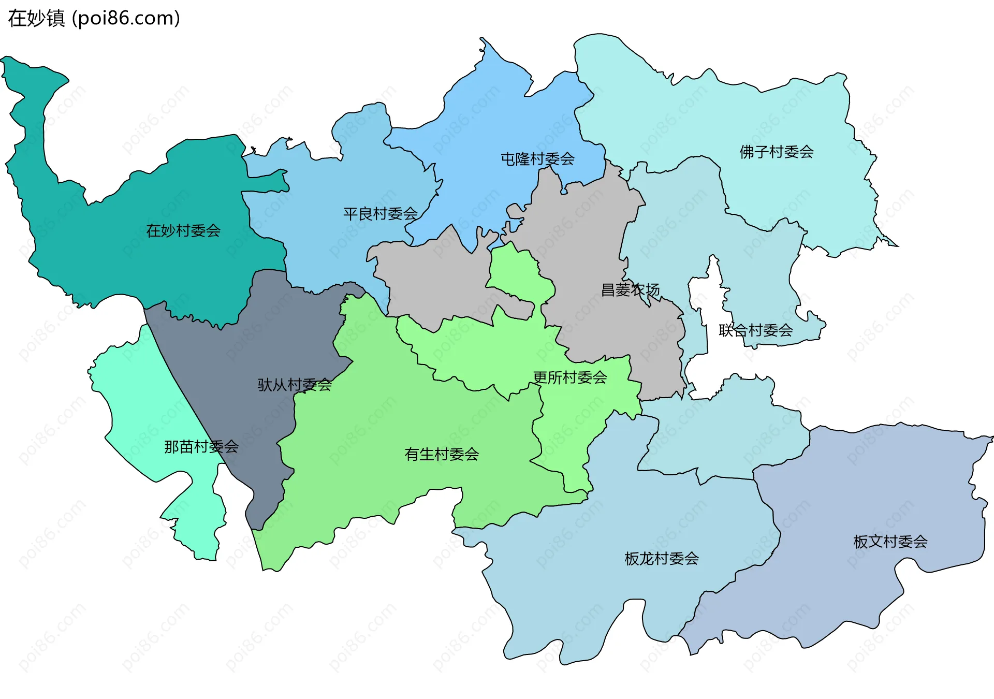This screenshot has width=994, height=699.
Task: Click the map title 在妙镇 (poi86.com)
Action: point(94,18)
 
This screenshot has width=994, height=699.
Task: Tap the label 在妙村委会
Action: point(183,230)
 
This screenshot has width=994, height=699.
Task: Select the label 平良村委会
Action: point(381,213)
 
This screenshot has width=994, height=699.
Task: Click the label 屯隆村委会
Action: point(537,158)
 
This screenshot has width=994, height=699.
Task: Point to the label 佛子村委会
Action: point(776,152)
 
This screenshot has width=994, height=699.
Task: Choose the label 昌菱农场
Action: point(630,289)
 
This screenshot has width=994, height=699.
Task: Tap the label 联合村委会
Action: point(755,330)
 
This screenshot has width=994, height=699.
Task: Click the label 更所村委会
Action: point(569,377)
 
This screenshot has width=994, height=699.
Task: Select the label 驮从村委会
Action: point(295,384)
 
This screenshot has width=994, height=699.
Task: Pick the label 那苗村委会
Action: point(201,446)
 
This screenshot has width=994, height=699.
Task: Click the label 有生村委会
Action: point(441,454)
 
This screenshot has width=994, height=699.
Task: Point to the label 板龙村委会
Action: point(662,558)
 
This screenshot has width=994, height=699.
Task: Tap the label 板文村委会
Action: point(890,542)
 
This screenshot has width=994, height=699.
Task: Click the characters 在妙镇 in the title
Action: point(36,18)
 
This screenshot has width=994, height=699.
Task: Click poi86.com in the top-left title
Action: point(126,18)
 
